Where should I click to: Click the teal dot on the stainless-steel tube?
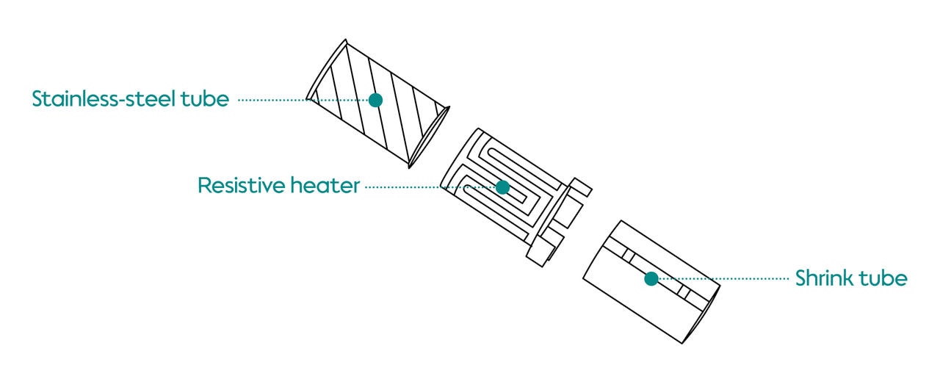pyautogui.click(x=375, y=100)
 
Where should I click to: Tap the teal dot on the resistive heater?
pyautogui.click(x=502, y=187)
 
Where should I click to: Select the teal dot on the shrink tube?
pyautogui.click(x=651, y=278)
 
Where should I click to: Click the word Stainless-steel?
pyautogui.click(x=102, y=99)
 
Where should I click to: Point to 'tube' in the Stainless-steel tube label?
pyautogui.click(x=204, y=99)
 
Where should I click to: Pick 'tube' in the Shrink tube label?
pyautogui.click(x=887, y=279)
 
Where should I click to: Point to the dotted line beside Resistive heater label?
pyautogui.click(x=404, y=187)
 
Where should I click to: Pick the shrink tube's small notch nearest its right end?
pyautogui.click(x=684, y=292)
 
